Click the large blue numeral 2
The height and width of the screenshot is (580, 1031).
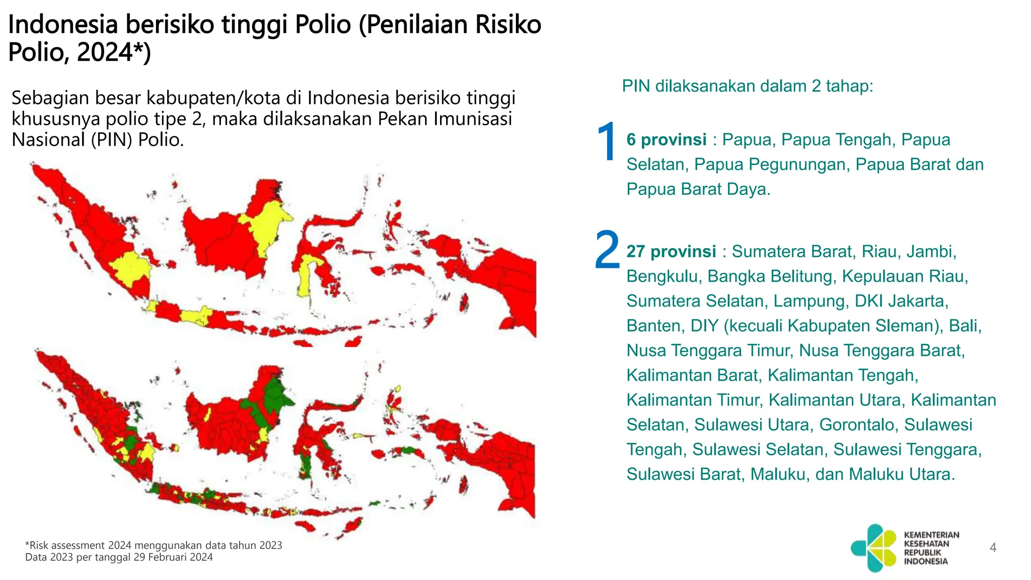pos(607,251)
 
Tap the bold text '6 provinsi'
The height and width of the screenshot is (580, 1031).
pos(666,140)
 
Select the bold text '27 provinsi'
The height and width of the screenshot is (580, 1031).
pos(671,251)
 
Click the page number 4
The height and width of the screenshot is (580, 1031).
pos(993,548)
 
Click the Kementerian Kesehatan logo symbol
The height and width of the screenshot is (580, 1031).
pos(874,548)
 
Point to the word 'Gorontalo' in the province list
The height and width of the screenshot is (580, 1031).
pos(859,424)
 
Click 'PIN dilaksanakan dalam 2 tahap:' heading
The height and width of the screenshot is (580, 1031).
pos(748,86)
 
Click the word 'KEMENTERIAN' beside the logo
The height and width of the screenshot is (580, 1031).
pos(931,535)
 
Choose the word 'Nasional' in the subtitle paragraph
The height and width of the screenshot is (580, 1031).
pos(48,139)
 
